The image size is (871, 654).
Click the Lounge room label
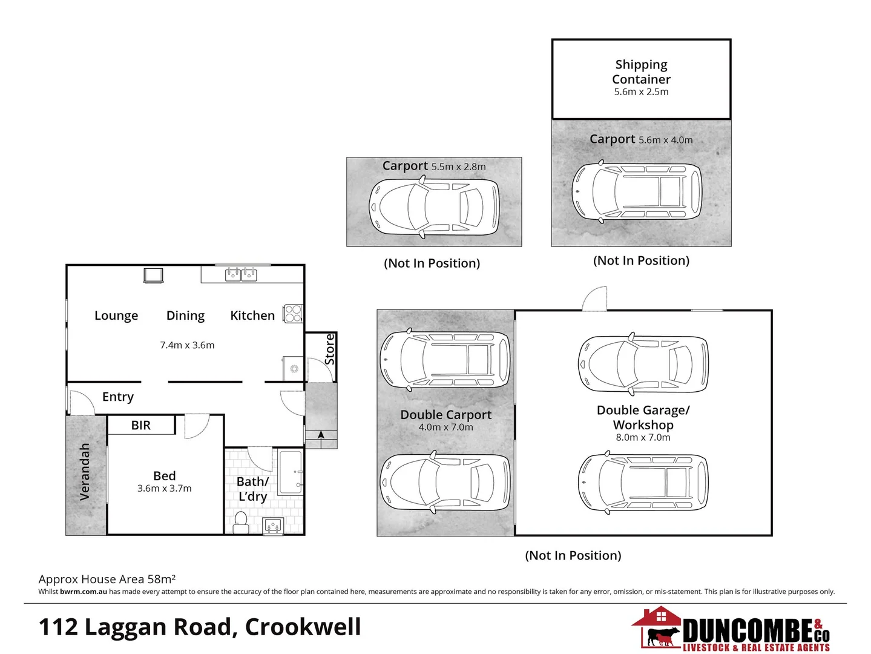coord(116,315)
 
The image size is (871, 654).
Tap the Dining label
coord(185,315)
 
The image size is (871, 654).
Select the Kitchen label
coord(252,315)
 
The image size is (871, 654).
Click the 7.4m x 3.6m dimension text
coord(187,345)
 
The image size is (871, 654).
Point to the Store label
coord(330,349)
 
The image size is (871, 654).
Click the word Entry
coord(118,397)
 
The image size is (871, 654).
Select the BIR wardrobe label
coord(141,425)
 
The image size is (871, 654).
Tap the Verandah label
coord(85,472)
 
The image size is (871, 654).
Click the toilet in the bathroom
coord(241,522)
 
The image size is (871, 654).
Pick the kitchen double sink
coord(241,275)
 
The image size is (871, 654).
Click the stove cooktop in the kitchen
coord(293,313)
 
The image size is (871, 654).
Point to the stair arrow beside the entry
coord(321,435)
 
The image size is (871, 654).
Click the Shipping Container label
coord(641,72)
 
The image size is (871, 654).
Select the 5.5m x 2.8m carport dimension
coord(458,167)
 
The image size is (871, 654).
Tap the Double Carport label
coord(445,415)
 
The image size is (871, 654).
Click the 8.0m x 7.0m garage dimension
coord(643,437)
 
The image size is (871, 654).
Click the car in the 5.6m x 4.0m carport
coord(637,191)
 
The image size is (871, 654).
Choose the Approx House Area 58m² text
coord(107,579)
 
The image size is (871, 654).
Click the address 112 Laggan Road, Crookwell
coord(200,627)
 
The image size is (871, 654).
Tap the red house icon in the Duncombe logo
coord(660,618)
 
